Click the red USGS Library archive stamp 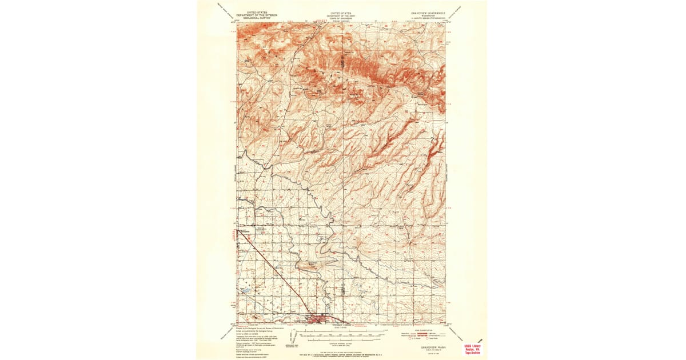[x=472, y=349]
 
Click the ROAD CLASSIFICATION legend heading [x=423, y=330]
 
